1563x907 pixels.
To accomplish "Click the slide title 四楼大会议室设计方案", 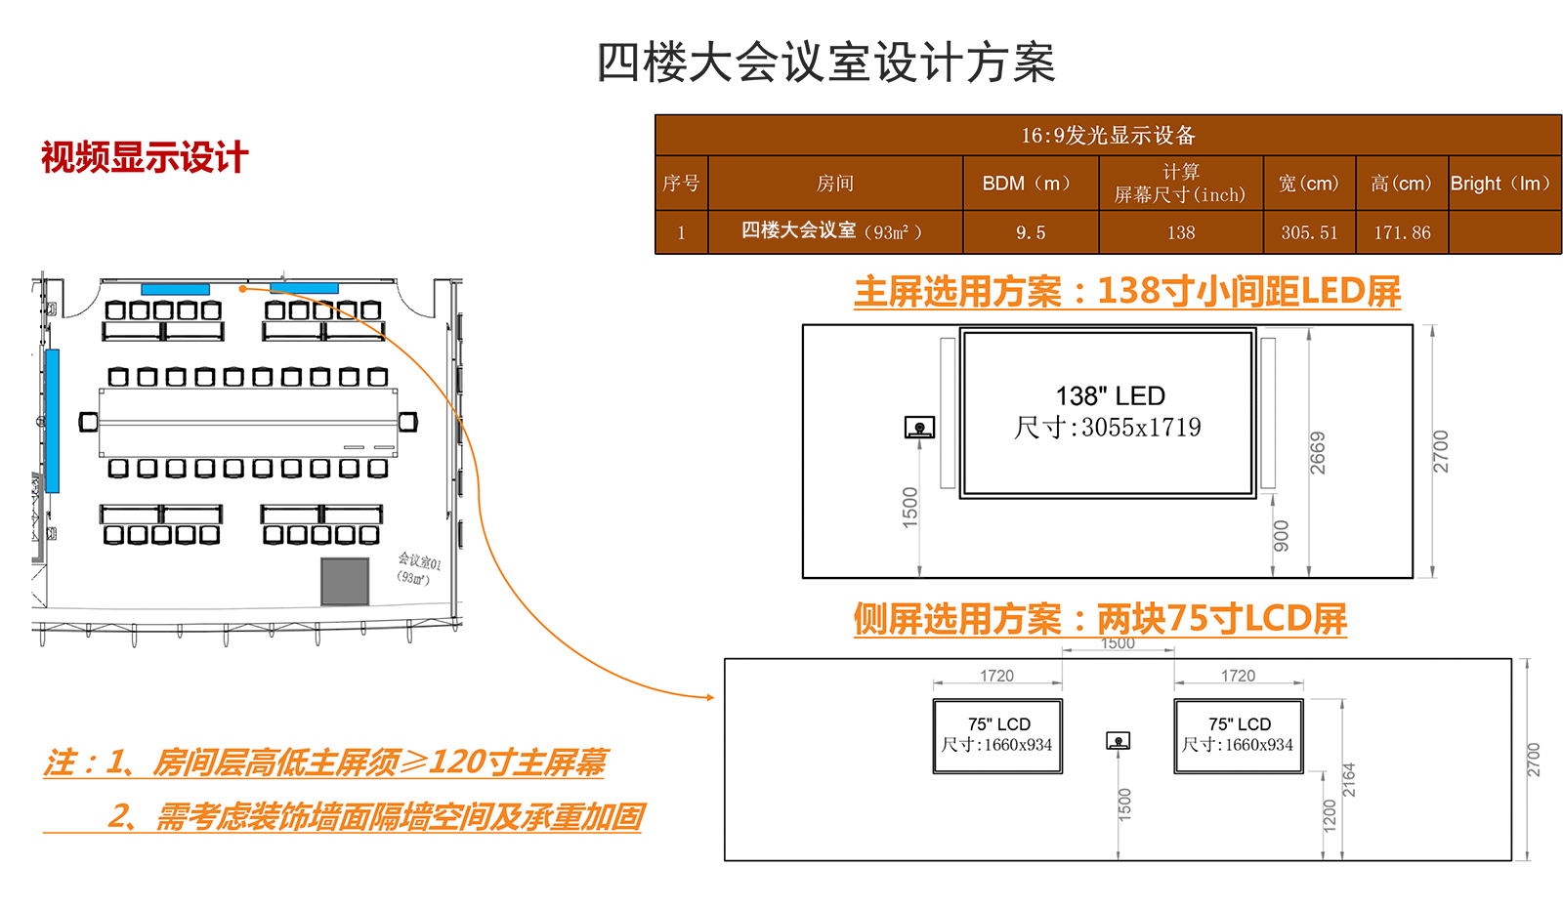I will (825, 62).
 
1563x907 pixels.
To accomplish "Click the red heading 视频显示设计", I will (145, 157).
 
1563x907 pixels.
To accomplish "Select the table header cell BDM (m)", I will (1030, 184).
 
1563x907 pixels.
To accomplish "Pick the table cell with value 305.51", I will (1309, 232).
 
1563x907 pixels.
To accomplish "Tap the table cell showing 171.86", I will (1402, 232).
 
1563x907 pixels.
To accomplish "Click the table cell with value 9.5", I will (1030, 232).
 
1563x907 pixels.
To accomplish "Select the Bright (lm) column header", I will (1503, 184).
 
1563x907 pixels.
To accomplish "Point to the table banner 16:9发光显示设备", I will (1108, 135).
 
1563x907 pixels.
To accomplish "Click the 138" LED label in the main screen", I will (1110, 396).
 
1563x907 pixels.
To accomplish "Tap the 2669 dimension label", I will (1318, 453).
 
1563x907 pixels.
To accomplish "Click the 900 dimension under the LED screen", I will (1281, 536).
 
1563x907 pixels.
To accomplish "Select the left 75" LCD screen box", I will (997, 736).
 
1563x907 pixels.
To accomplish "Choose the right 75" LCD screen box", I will (1239, 736).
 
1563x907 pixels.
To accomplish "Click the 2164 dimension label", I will (1349, 780).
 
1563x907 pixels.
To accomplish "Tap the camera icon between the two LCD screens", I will (1118, 741).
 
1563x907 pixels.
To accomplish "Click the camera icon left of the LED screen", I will (919, 428).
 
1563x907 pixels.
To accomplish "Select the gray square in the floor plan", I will (345, 582).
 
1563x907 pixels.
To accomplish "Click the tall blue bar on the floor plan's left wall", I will (53, 421).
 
